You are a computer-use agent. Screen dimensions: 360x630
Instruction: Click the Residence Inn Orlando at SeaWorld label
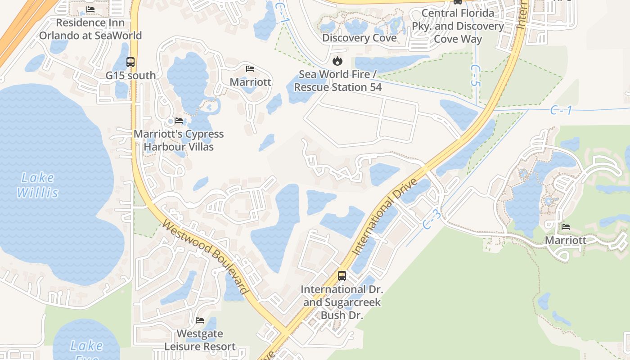point(90,29)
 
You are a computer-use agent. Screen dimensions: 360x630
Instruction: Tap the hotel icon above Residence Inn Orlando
point(90,9)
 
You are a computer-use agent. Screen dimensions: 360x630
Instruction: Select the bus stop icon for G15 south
point(130,62)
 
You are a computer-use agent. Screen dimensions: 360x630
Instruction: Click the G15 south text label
point(130,76)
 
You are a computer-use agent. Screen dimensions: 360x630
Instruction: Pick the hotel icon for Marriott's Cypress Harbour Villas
point(179,121)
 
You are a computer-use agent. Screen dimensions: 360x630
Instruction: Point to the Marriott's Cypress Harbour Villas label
point(179,140)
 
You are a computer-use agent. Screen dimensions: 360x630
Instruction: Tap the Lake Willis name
point(38,185)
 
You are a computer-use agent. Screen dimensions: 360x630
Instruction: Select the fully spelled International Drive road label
point(385,217)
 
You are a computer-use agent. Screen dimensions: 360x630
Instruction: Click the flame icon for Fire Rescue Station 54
point(337,61)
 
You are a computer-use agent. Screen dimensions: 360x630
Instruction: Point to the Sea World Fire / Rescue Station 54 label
point(337,81)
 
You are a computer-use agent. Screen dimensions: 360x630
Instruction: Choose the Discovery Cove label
point(359,38)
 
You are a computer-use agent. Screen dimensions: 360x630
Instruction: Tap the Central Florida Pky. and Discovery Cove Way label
point(458,26)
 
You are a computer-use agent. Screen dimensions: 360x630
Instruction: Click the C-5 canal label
point(475,75)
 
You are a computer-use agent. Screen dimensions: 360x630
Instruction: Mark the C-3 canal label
point(432,220)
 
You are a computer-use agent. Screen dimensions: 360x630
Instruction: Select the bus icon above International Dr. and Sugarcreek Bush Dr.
point(342,275)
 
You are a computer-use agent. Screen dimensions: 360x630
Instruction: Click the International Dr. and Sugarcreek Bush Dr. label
point(342,302)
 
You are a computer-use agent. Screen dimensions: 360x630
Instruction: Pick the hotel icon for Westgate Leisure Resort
point(200,320)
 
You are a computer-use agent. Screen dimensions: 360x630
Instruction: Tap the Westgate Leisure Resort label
point(200,340)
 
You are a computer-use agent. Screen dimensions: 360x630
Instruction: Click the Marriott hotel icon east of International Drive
point(566,227)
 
